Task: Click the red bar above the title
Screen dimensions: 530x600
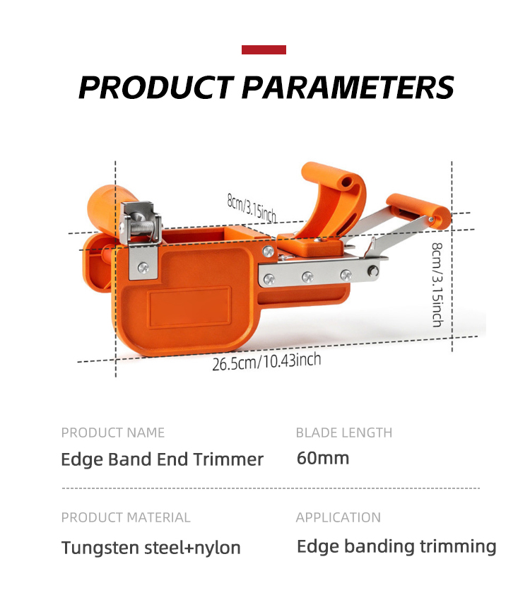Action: click(x=264, y=49)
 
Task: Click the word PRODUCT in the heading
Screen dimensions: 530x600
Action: click(x=155, y=87)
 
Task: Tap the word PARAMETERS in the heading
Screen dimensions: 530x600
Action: click(x=348, y=87)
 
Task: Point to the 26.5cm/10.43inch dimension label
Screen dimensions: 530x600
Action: click(x=266, y=362)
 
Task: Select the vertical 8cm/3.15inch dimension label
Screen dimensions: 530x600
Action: click(x=437, y=285)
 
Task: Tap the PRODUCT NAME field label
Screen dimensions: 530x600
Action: click(x=113, y=433)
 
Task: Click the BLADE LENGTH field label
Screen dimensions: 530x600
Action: click(x=344, y=433)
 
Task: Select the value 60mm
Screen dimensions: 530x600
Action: click(x=322, y=459)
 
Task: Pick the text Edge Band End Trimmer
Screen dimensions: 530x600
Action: click(x=163, y=459)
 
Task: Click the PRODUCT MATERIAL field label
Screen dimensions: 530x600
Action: click(x=126, y=517)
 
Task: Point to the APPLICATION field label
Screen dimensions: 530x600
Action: click(x=338, y=517)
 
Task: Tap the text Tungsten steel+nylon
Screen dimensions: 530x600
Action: click(x=151, y=548)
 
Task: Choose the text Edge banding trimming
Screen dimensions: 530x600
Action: click(x=396, y=546)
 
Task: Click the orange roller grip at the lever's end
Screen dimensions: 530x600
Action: click(x=418, y=211)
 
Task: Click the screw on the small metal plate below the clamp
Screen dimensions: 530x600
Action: click(x=143, y=268)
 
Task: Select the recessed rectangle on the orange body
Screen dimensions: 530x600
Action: click(x=189, y=307)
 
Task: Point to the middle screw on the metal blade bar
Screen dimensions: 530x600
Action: click(x=307, y=277)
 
